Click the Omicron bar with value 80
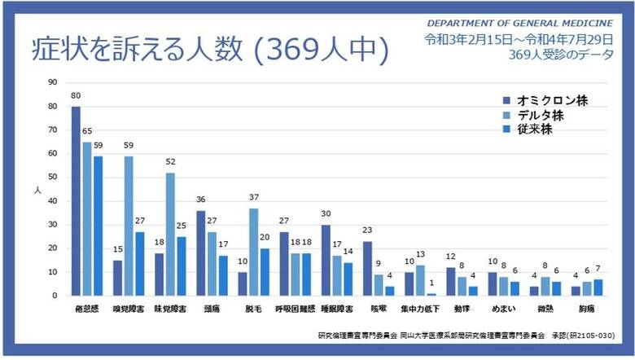click(x=76, y=200)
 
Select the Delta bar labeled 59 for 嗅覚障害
click(x=129, y=226)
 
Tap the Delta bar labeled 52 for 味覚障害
click(x=170, y=234)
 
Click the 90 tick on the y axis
click(x=52, y=82)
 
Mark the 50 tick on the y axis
click(x=52, y=177)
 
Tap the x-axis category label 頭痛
click(x=212, y=310)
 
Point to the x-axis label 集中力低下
click(x=420, y=310)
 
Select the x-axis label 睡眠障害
click(x=336, y=310)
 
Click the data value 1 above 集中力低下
click(x=431, y=284)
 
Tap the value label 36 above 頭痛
click(x=201, y=200)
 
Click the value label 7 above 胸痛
click(x=600, y=270)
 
